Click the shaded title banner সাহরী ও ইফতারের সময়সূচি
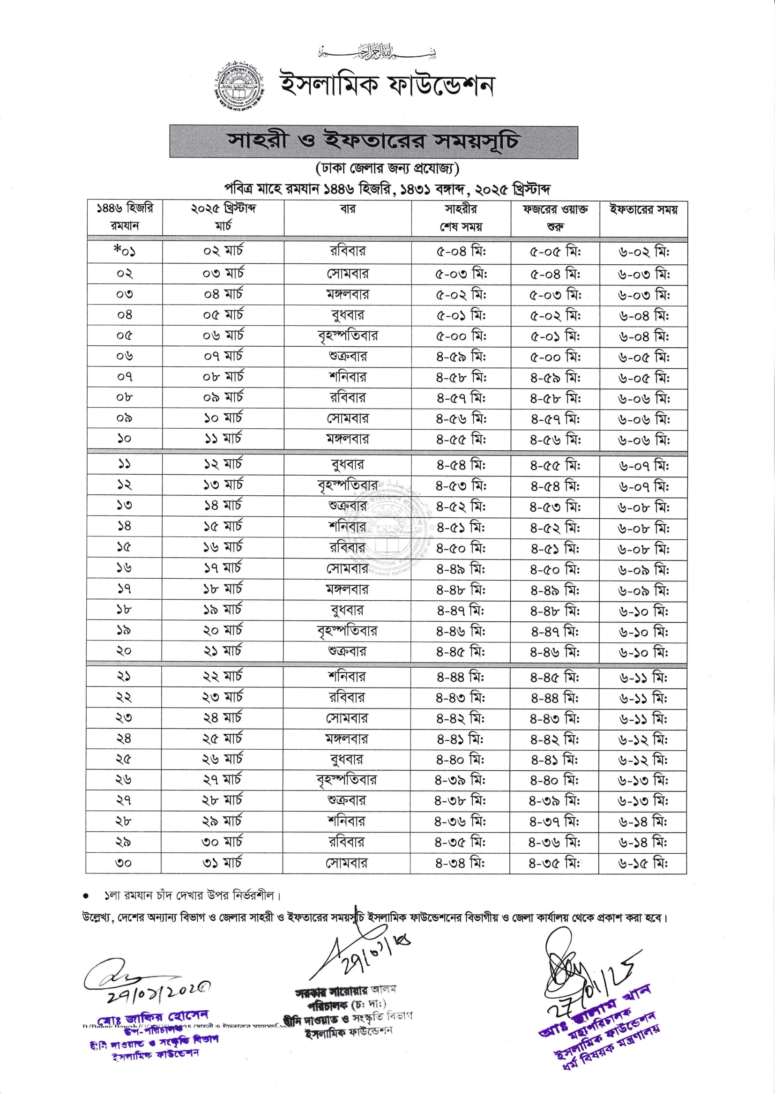tap(373, 142)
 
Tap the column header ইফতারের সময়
tap(643, 209)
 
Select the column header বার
tap(347, 209)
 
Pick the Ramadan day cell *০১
tap(125, 251)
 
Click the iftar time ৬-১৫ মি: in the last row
tap(643, 863)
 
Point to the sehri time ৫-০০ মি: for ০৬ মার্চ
tap(461, 336)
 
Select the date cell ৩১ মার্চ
tap(222, 863)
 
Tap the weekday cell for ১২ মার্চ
tap(347, 464)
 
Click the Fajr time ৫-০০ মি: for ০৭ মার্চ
tap(555, 357)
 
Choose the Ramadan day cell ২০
tap(124, 651)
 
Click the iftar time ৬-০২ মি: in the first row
tap(643, 252)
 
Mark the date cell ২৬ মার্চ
tap(223, 760)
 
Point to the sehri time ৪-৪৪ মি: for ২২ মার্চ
tap(460, 678)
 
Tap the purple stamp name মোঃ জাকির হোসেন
tap(153, 1017)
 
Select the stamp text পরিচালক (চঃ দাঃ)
tap(347, 1004)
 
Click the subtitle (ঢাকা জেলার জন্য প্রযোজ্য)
tap(387, 169)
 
